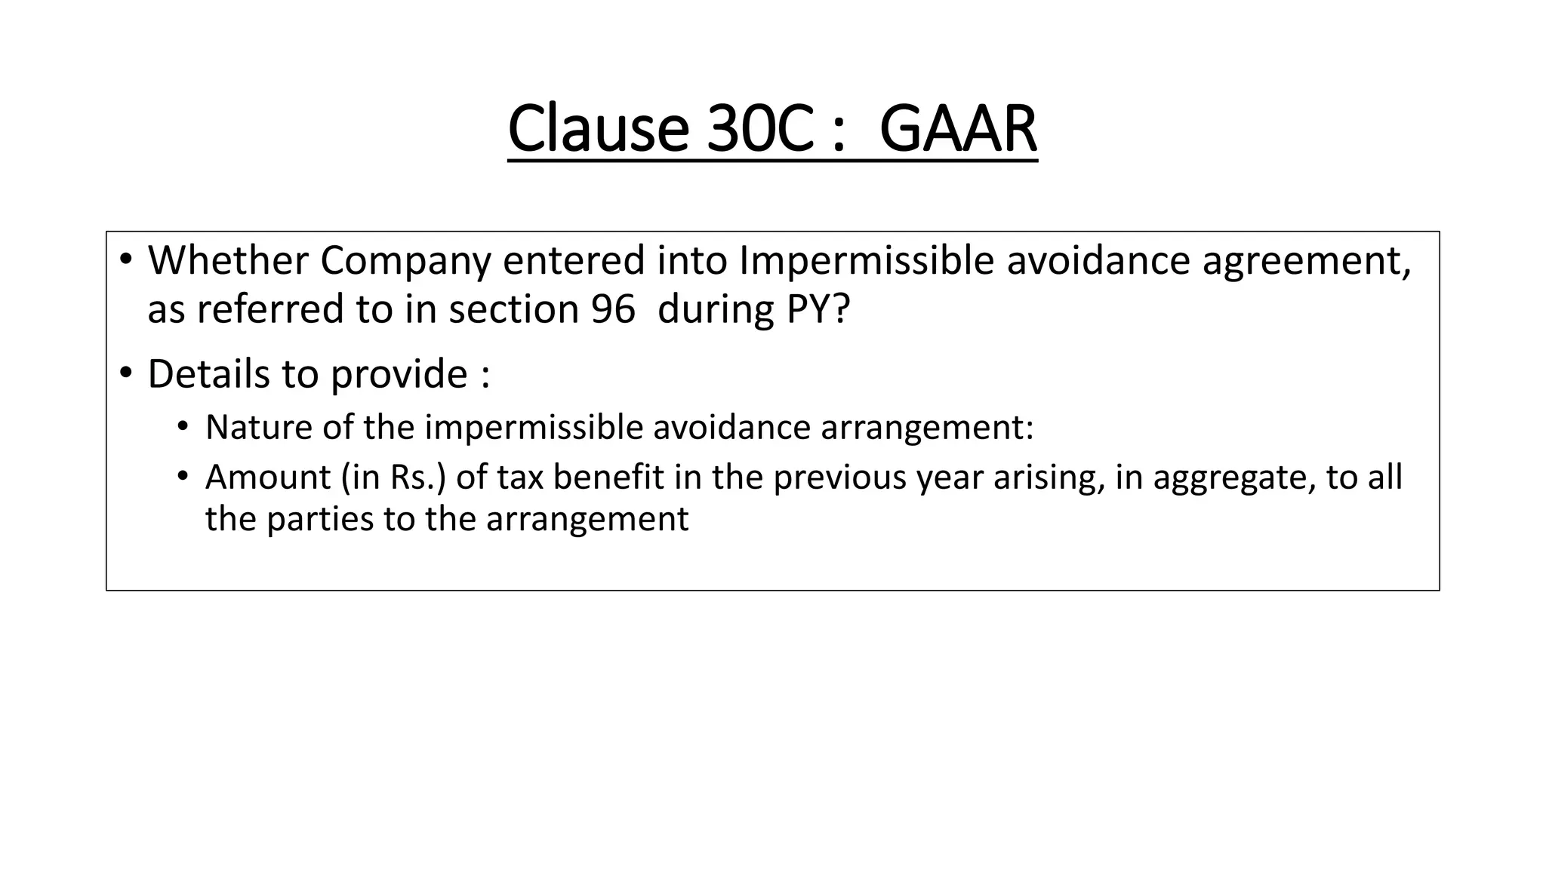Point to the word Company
tap(405, 262)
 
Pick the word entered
tap(574, 260)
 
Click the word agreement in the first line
tap(1306, 262)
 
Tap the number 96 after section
tap(613, 309)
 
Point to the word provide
tap(399, 375)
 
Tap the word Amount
tap(268, 477)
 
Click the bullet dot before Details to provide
tap(125, 373)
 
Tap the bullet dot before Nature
tap(182, 427)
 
